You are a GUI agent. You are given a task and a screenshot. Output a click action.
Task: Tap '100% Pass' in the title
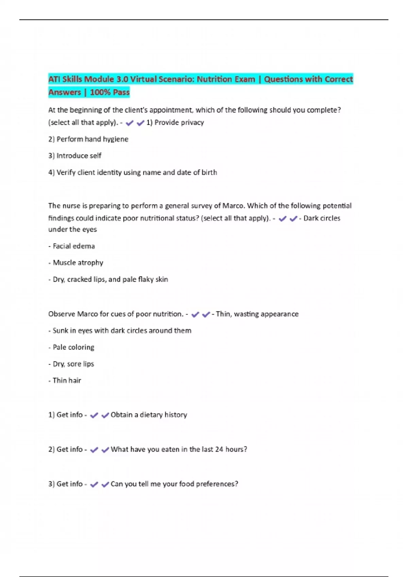(x=109, y=92)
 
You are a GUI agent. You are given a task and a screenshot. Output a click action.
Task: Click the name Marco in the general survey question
(x=233, y=206)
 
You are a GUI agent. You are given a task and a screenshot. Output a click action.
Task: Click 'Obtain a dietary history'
(x=149, y=415)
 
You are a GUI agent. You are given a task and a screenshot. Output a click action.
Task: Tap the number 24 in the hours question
(x=219, y=449)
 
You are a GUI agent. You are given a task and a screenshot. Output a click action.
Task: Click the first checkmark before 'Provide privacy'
(x=130, y=123)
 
